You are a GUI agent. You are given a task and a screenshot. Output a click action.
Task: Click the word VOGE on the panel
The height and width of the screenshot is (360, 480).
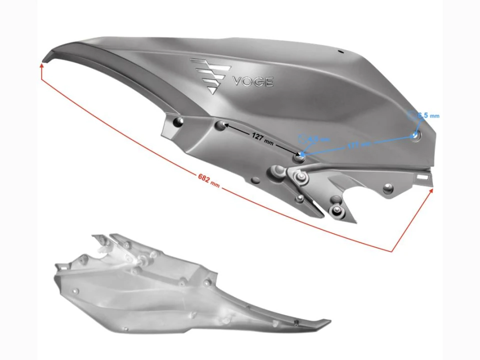tap(252, 81)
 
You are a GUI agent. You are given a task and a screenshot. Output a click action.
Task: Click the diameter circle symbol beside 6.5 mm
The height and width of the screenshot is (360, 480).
tap(412, 115)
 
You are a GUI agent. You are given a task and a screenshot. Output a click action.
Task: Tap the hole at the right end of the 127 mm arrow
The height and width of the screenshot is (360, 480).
tap(299, 157)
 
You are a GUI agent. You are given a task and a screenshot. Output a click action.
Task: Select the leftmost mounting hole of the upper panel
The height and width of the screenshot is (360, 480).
tap(175, 121)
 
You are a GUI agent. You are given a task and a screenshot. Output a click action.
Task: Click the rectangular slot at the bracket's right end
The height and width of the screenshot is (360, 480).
tap(423, 176)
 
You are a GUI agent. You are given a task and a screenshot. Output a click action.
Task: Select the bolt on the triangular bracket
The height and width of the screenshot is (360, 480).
tap(300, 176)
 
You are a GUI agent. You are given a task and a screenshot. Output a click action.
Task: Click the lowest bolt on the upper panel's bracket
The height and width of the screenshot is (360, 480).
tap(336, 209)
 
